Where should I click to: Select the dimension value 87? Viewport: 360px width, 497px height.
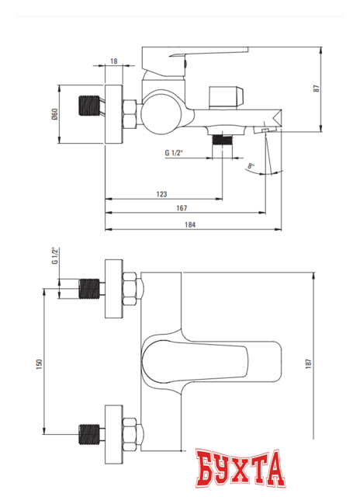[337, 88]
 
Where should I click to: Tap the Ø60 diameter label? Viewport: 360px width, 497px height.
[54, 114]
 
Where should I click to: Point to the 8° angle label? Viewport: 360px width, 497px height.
[251, 165]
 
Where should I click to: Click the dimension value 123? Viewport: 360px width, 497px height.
[162, 193]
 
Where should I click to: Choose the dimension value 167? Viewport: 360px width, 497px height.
[181, 208]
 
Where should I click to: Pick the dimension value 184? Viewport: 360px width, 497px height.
[190, 224]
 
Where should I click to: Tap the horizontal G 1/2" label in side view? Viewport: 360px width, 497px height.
[175, 153]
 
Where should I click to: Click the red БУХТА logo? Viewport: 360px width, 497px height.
[240, 471]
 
